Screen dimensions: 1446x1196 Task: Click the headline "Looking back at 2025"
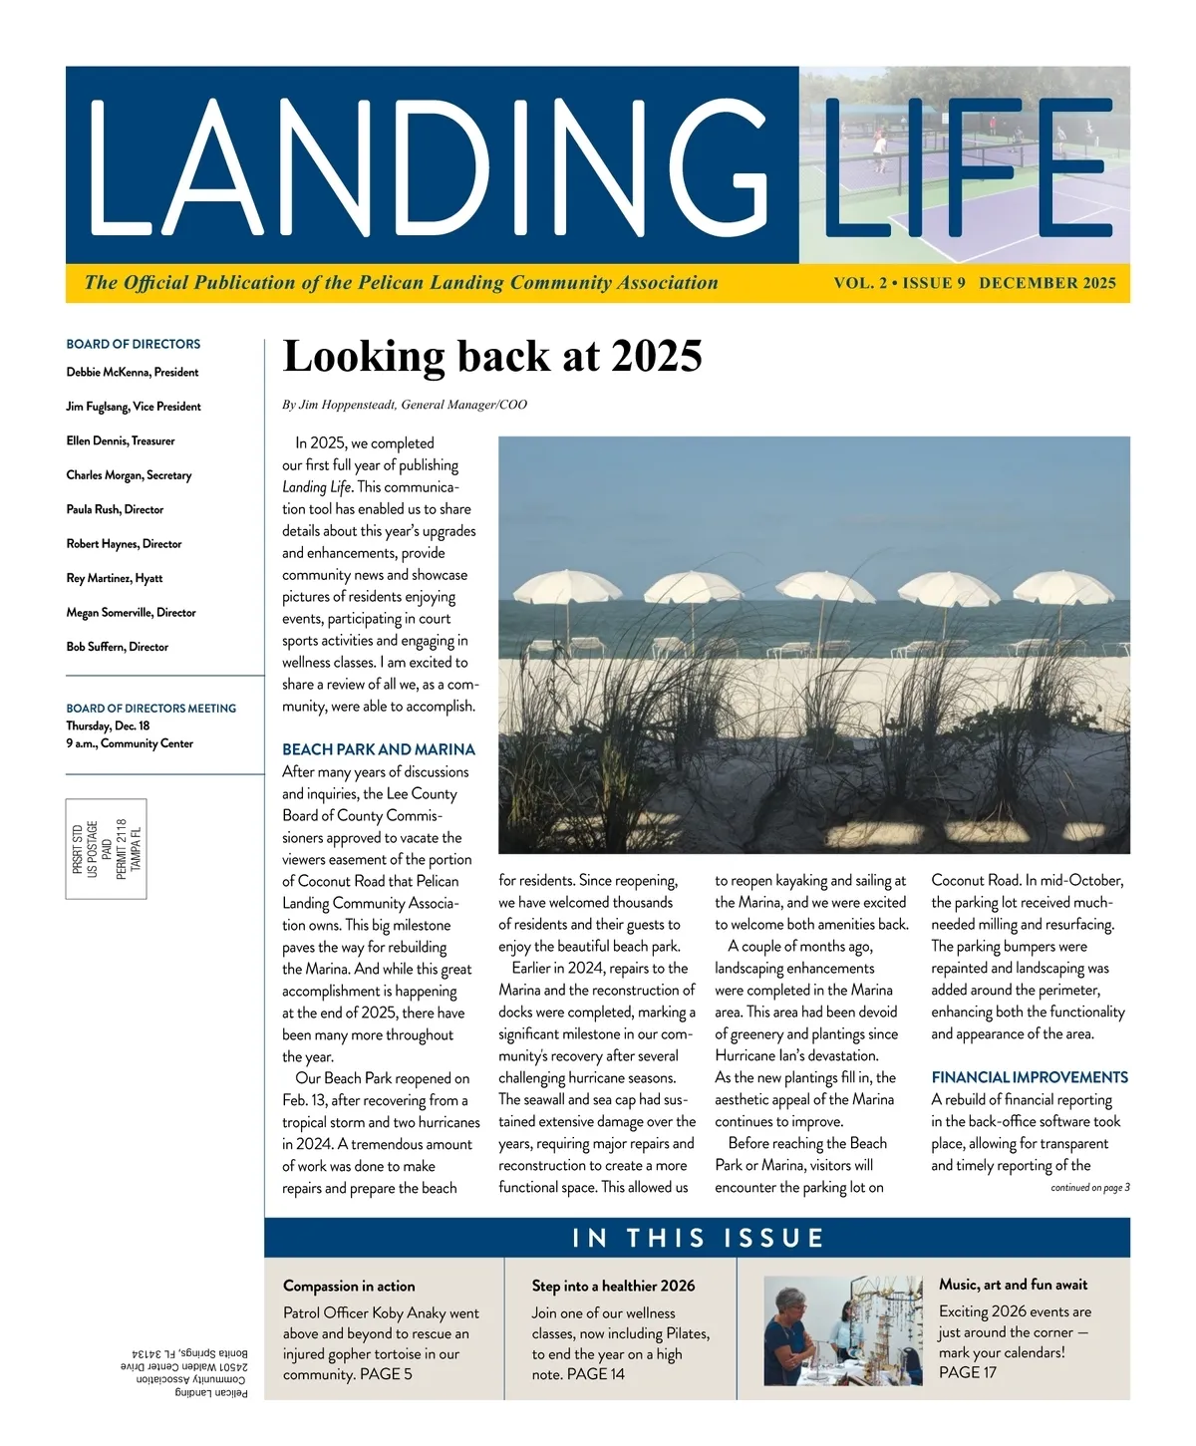coord(492,357)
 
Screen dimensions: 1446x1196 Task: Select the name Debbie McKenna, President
coord(133,373)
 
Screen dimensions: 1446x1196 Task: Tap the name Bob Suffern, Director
coord(118,647)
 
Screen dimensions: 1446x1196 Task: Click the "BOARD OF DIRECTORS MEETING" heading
coord(151,709)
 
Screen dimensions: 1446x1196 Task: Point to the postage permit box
coord(107,849)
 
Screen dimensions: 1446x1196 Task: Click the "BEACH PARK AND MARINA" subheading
coord(379,749)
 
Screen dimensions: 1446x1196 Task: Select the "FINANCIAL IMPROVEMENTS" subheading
coord(1030,1077)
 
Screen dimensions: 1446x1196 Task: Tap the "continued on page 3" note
coord(1089,1188)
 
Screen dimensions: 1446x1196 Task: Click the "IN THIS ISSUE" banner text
coord(698,1239)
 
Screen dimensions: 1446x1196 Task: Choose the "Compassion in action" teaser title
coord(349,1287)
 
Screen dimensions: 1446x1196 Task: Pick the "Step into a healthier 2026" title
coord(613,1287)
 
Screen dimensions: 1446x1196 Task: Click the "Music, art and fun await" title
coord(1013,1285)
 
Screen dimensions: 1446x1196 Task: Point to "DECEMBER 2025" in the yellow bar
coord(1047,283)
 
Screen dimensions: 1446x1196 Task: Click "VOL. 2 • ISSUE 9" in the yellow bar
coord(900,283)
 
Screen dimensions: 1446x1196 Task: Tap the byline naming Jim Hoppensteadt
coord(405,405)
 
